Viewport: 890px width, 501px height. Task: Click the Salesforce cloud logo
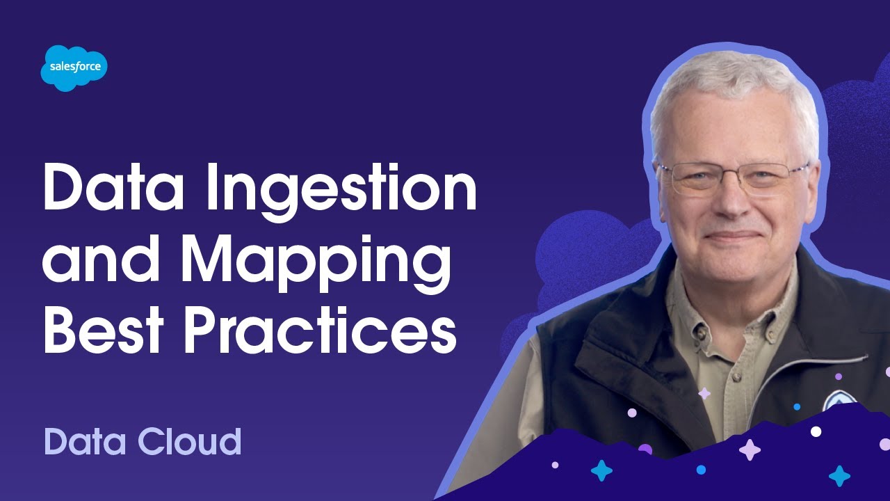click(x=74, y=67)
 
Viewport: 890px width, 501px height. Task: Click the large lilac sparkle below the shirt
click(x=750, y=450)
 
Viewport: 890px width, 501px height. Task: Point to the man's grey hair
click(x=730, y=90)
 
